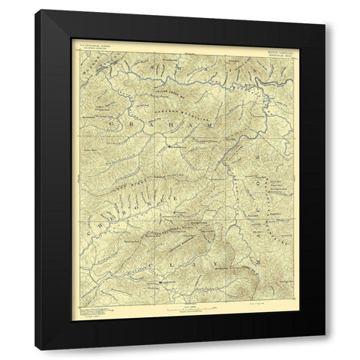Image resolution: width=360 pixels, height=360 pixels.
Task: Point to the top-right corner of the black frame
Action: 324,11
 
